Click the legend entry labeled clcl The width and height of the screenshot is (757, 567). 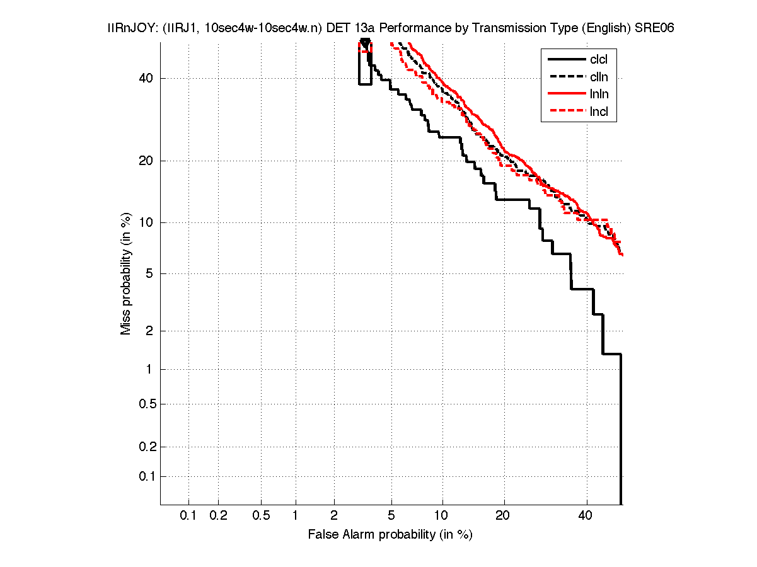[599, 60]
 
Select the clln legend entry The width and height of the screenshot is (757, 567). [599, 77]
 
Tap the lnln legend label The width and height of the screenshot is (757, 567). [599, 94]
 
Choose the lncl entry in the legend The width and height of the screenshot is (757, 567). [599, 112]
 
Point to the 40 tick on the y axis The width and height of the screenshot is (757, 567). [146, 78]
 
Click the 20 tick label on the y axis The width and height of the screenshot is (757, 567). [146, 161]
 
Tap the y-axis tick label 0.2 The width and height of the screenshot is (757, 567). [144, 447]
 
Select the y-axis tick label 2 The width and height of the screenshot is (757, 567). [149, 331]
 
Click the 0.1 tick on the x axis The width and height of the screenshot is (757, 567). [188, 516]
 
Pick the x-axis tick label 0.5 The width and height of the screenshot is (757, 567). [261, 516]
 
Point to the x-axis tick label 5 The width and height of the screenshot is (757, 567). [391, 516]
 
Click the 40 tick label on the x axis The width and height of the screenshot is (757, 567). [586, 516]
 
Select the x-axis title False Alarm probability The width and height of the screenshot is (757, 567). [390, 535]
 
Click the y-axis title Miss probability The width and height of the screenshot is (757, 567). [127, 273]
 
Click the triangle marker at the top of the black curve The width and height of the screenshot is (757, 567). [364, 42]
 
